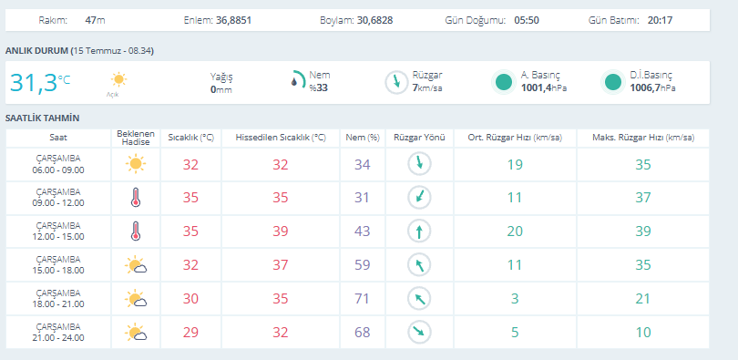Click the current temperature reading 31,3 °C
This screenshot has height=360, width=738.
(40, 82)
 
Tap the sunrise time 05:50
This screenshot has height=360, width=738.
(527, 20)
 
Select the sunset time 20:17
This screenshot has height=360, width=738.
(660, 20)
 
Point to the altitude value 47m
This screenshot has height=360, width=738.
(95, 20)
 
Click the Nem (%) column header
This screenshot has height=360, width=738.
(363, 138)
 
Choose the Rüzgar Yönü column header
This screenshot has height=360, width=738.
(419, 138)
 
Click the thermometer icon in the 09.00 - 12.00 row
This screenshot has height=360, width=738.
(136, 197)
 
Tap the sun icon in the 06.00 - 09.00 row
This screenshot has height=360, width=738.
(136, 164)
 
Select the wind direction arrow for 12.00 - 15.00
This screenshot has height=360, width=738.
(419, 231)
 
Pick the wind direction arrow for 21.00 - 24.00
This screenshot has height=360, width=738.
(419, 332)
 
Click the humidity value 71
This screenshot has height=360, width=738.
(363, 299)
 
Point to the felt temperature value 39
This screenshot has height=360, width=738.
(281, 231)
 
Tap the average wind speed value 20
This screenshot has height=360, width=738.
(515, 231)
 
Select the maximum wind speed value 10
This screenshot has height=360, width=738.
(643, 333)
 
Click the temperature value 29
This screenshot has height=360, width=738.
(190, 333)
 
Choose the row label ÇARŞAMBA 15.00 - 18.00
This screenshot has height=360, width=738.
(58, 265)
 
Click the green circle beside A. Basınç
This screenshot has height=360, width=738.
(504, 82)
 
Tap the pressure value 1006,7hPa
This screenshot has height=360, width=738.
(652, 87)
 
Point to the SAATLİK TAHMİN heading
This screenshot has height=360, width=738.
(42, 118)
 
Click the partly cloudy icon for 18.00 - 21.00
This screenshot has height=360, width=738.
(136, 299)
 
